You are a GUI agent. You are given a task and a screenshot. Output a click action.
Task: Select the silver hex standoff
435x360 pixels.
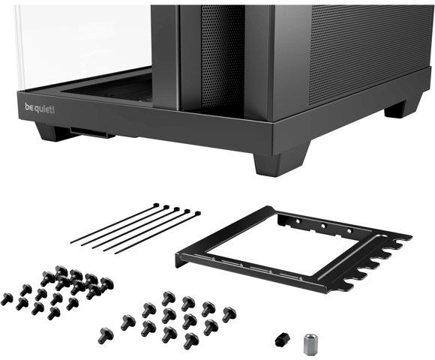308,343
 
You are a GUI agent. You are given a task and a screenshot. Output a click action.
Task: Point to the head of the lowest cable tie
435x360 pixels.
196,214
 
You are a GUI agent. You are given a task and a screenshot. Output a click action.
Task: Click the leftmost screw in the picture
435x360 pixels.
7,298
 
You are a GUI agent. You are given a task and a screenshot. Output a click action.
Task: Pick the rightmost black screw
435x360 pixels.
229,314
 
